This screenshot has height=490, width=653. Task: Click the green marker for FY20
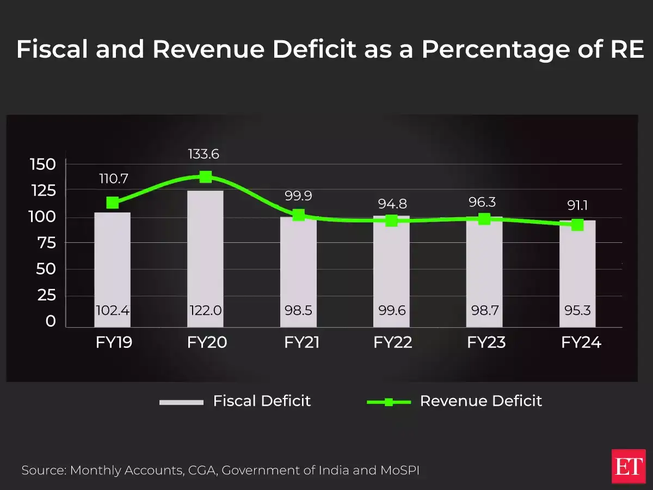(x=206, y=177)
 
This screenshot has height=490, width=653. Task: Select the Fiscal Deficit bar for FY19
(x=112, y=261)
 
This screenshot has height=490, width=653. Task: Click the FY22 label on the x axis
(x=392, y=342)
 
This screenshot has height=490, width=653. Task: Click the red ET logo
(x=628, y=467)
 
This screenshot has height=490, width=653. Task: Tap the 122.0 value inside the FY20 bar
(x=205, y=311)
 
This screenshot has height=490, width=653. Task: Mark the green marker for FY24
(x=577, y=225)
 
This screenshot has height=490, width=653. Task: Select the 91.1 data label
(x=577, y=206)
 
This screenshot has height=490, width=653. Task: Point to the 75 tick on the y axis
(x=46, y=243)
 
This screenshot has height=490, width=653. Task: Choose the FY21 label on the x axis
(x=299, y=342)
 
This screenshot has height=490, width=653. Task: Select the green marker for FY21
(x=299, y=215)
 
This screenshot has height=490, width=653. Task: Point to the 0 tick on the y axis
(x=51, y=321)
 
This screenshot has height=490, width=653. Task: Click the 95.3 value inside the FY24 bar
(x=577, y=311)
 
